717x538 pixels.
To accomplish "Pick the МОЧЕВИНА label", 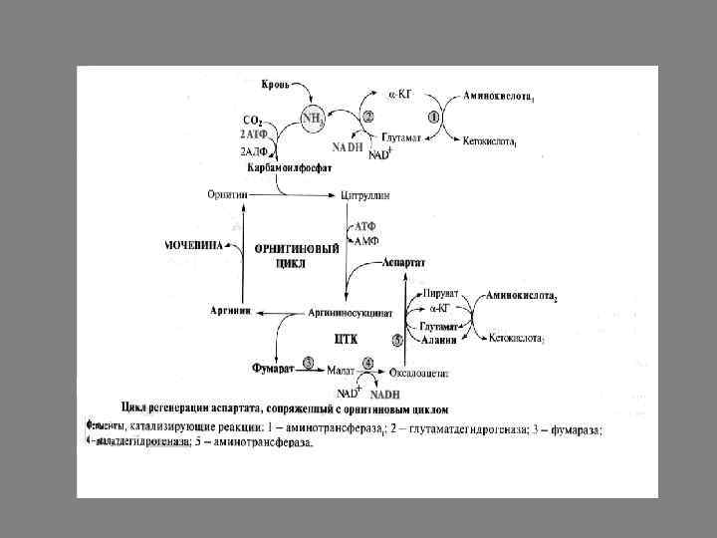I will [195, 244].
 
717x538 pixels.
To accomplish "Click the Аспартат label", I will [404, 262].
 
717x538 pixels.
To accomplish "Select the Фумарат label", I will [272, 368].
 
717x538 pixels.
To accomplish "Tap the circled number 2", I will [368, 116].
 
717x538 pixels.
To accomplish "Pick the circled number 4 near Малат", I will [369, 363].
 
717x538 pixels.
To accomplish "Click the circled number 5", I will [398, 340].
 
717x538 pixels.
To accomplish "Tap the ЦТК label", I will [347, 339].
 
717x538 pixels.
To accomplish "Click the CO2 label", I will [253, 121].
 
